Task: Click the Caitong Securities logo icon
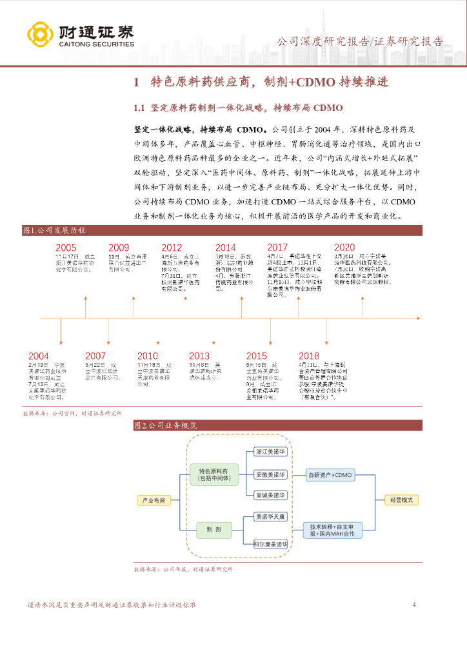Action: (x=40, y=35)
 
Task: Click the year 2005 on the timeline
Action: (x=66, y=247)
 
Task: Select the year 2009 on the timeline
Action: (x=119, y=247)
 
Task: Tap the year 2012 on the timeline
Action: (x=172, y=247)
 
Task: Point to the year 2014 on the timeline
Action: (x=225, y=247)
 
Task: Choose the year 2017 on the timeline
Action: (x=277, y=247)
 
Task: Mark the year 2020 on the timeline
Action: (x=344, y=247)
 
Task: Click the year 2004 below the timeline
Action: (x=38, y=356)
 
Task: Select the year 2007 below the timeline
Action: (x=95, y=356)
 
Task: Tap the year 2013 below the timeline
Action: (x=199, y=356)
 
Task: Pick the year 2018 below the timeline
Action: (x=309, y=356)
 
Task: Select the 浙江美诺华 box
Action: (x=270, y=452)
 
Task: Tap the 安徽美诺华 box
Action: (x=270, y=474)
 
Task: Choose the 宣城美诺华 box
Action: (x=270, y=495)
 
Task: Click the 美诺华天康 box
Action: (x=270, y=517)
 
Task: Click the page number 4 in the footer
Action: (x=414, y=605)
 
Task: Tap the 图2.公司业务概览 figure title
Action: (x=166, y=425)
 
